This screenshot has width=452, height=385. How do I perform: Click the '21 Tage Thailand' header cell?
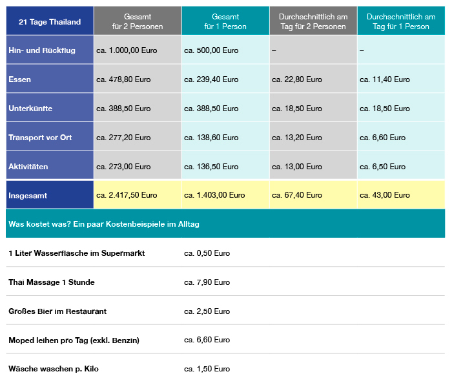point(50,21)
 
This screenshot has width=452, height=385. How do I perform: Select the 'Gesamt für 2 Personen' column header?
point(138,21)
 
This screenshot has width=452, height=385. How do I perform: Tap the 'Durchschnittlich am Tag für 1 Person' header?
point(401,21)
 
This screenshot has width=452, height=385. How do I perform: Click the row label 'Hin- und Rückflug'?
point(42,50)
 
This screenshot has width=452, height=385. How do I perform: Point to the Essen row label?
point(19,79)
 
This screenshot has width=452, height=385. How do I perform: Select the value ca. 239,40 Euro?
point(211,79)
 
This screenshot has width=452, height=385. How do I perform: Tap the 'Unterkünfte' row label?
point(30,109)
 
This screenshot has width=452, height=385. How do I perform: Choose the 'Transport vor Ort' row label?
point(40,138)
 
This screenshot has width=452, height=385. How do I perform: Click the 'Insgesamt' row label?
point(28,196)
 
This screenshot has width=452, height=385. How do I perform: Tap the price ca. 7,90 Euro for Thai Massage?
point(207,282)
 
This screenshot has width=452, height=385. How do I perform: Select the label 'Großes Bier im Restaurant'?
point(57,311)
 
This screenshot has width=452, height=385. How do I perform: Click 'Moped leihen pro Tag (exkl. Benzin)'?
point(74,340)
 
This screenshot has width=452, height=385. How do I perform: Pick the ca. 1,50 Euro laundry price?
point(207,369)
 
